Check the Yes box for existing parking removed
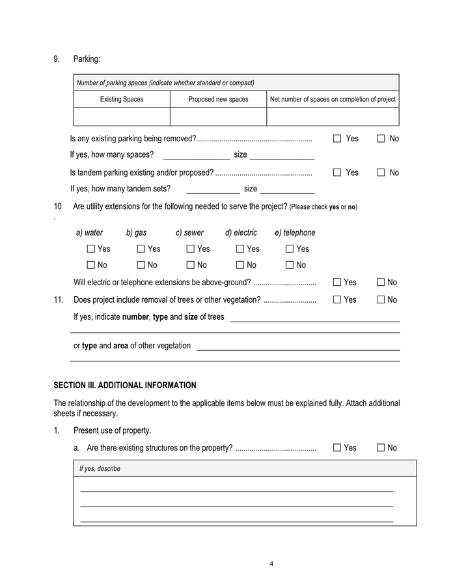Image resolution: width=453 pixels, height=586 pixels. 337,139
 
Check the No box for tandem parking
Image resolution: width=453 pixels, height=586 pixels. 381,173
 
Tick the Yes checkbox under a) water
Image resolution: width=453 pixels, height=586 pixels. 91,249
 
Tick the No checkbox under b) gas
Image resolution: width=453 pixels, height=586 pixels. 141,265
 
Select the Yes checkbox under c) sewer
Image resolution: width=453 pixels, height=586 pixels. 191,249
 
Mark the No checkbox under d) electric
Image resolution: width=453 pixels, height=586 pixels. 240,265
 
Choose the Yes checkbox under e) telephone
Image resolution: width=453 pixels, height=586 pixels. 290,249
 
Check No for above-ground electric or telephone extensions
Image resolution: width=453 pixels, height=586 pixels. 381,283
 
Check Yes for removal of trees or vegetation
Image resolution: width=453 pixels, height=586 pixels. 337,300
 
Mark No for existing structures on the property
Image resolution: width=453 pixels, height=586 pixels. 381,448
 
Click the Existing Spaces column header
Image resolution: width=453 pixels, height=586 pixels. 122,100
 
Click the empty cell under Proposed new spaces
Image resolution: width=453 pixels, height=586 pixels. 218,117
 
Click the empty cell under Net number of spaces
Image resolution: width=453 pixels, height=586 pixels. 333,117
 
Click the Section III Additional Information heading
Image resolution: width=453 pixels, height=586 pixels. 124,385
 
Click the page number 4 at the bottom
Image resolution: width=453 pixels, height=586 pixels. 271,564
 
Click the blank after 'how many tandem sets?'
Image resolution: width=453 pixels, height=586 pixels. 213,189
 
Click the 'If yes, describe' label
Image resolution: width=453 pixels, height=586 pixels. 100,469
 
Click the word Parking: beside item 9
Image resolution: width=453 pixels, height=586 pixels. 87,59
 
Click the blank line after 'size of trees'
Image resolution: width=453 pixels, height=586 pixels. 315,318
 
